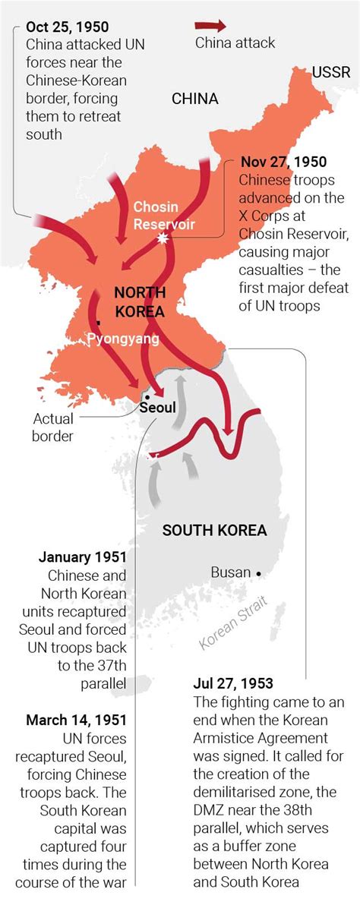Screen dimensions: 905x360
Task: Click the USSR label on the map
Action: point(330,73)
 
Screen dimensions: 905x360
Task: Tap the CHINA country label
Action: point(195,99)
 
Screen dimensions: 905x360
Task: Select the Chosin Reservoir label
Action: point(164,216)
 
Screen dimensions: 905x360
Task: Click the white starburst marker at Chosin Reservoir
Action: point(161,238)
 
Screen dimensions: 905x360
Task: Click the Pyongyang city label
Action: point(122,339)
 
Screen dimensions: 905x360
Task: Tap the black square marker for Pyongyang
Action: point(98,323)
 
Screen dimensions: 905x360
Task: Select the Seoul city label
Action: point(157,408)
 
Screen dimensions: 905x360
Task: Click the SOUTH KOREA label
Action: point(214,530)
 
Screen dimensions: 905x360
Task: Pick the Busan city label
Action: point(230,572)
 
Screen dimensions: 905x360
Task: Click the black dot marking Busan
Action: point(259,572)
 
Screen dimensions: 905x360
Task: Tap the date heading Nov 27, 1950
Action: point(283,162)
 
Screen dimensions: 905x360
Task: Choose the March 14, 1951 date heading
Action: point(76,720)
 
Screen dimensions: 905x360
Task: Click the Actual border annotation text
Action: point(53,427)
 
